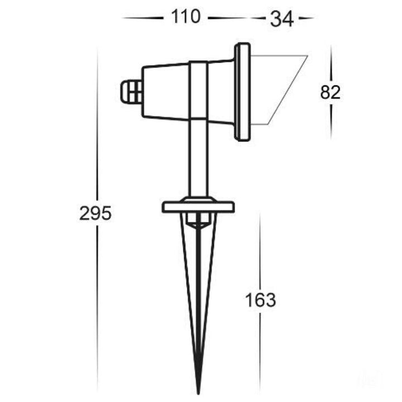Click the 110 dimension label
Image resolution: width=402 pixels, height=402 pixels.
coord(185,17)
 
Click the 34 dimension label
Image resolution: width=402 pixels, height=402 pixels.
coord(281,20)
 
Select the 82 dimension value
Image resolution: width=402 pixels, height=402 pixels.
coord(330,92)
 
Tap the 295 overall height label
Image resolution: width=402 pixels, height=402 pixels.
coord(95,213)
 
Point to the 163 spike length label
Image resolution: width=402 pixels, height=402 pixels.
coord(261,300)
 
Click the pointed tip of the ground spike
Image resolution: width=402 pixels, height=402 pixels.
coord(198,394)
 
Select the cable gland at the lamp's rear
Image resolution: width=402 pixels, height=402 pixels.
coord(131,92)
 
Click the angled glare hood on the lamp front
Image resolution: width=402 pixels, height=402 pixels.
coord(279,90)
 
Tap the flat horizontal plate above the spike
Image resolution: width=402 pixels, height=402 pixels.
coord(198,207)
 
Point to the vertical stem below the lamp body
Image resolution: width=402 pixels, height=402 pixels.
coord(198,159)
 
